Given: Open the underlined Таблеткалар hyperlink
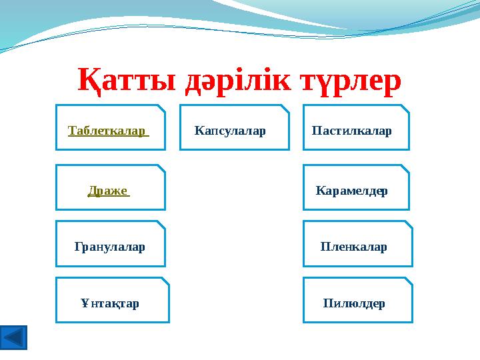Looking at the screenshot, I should [108, 131].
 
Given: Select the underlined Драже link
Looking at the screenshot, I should [109, 191].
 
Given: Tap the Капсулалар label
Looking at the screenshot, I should [230, 131].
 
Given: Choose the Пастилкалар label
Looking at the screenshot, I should [351, 131].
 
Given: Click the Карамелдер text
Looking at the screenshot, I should [351, 191].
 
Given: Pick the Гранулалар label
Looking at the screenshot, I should [110, 247].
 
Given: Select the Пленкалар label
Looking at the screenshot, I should [353, 247].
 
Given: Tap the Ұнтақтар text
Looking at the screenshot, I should [110, 303].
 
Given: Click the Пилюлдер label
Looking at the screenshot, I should [354, 303].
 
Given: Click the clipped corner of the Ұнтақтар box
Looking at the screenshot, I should [165, 281].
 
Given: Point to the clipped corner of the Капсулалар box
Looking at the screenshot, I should [285, 108].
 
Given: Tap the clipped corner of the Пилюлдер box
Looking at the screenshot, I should [409, 281].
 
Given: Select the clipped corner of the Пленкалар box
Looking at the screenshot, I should [409, 225].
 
